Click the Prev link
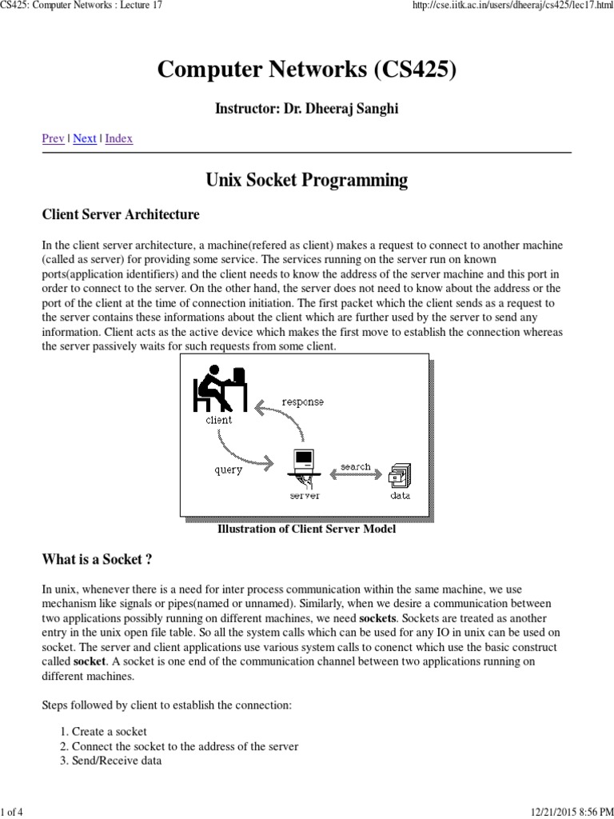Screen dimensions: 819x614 (x=53, y=138)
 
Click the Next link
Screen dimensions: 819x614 (x=84, y=138)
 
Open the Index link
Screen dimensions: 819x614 (x=118, y=138)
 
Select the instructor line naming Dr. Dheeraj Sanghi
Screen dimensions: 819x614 (x=307, y=109)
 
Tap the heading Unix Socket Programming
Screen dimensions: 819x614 (x=307, y=180)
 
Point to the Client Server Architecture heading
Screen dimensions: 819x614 (x=120, y=214)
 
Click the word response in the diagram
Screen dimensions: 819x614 (x=302, y=402)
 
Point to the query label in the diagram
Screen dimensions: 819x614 (x=228, y=469)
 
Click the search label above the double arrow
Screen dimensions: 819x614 (x=356, y=466)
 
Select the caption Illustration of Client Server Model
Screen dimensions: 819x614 (x=307, y=529)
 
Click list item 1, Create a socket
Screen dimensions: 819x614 (x=109, y=731)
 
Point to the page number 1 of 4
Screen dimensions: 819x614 (x=13, y=813)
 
